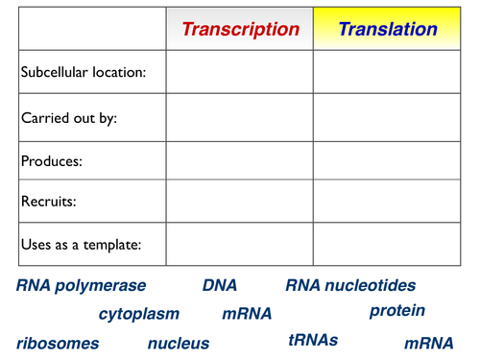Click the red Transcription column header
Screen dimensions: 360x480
pyautogui.click(x=240, y=29)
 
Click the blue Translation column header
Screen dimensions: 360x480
pyautogui.click(x=388, y=29)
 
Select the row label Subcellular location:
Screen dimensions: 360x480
pyautogui.click(x=84, y=73)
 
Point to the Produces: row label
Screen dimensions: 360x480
pyautogui.click(x=52, y=161)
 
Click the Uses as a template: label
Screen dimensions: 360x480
pyautogui.click(x=81, y=245)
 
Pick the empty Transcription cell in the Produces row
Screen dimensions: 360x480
pyautogui.click(x=239, y=159)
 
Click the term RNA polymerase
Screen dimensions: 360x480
pyautogui.click(x=82, y=286)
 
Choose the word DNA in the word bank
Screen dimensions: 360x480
pyautogui.click(x=219, y=286)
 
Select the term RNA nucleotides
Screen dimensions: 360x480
pyautogui.click(x=350, y=286)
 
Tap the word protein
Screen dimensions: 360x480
pyautogui.click(x=396, y=311)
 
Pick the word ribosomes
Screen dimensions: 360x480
pyautogui.click(x=58, y=344)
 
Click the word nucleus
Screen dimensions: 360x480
pyautogui.click(x=179, y=344)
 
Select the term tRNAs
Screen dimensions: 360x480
pyautogui.click(x=313, y=340)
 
